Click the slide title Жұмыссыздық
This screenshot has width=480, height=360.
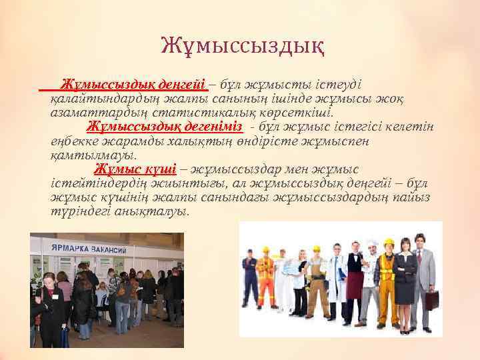coord(243,47)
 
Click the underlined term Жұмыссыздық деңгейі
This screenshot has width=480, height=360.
coord(133,85)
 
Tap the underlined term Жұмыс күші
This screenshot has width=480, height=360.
coord(135,169)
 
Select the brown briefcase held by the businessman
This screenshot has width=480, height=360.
coord(432,300)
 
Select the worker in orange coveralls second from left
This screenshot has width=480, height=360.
coord(265,280)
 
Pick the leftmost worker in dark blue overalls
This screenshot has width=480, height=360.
coord(250,280)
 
